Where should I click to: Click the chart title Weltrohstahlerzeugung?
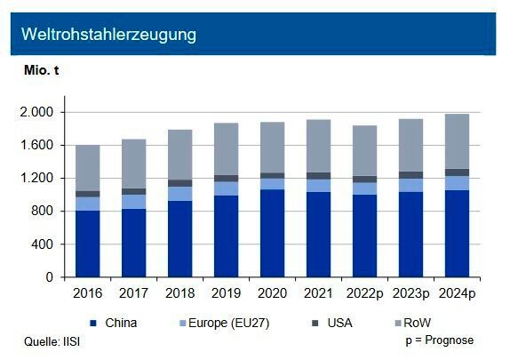pos(109,35)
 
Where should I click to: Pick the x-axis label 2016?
pos(87,292)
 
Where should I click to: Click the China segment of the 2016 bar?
pos(87,244)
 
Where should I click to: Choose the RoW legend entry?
pos(426,323)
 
